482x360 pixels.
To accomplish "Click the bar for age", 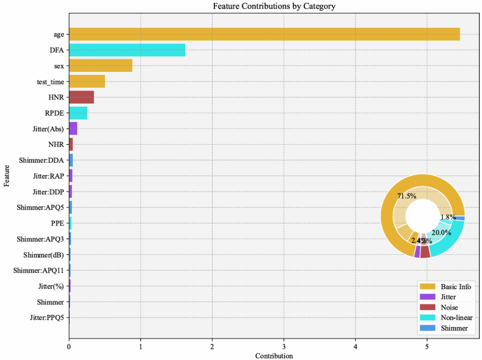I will pos(264,34).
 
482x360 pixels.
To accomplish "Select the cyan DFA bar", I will pos(127,50).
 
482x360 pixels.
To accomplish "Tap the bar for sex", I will pos(100,66).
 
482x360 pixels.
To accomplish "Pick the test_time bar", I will pos(87,82).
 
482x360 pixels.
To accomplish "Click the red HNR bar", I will pos(81,97).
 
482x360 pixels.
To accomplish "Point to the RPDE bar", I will pos(78,113).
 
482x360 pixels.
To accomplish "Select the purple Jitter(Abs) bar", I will pos(73,129).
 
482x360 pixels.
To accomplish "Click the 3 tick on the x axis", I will pos(284,346).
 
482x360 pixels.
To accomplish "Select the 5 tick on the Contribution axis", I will pos(427,346).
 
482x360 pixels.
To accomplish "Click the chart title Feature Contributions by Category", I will pos(274,6).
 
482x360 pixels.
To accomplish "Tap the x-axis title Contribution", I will pos(274,356).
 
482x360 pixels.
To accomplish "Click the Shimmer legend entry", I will pos(454,328).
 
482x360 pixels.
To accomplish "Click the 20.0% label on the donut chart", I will pos(442,232).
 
